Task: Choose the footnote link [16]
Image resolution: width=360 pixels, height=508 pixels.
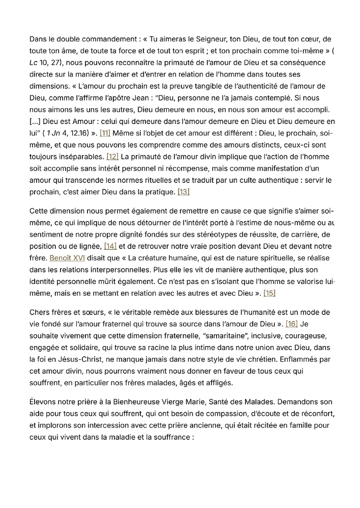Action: pyautogui.click(x=292, y=324)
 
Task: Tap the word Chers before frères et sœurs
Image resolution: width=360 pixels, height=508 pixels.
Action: pyautogui.click(x=41, y=312)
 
